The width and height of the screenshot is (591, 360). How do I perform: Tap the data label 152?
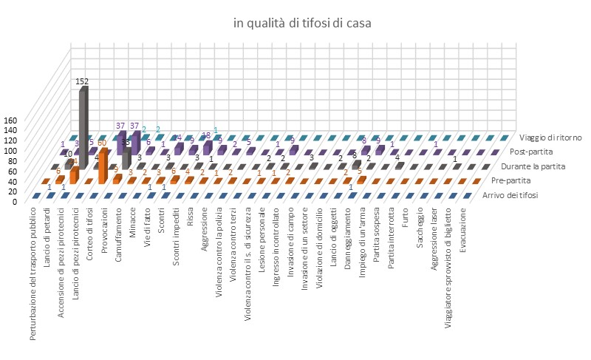point(82,81)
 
